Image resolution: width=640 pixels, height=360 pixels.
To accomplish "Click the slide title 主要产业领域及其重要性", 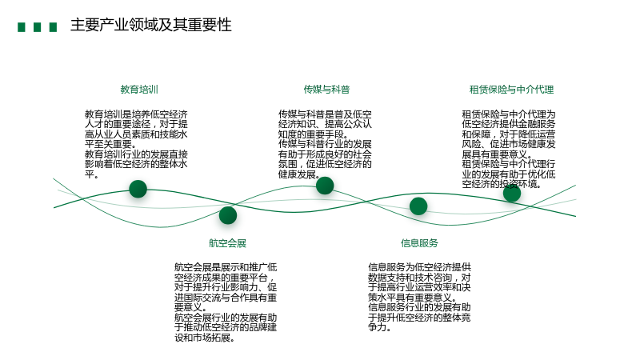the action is coord(151,25).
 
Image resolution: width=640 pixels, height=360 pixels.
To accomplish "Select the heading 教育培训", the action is coord(139,90).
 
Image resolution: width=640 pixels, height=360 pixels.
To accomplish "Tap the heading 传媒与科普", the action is coord(326,90).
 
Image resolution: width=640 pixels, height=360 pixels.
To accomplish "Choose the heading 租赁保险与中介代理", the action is coord(511,90).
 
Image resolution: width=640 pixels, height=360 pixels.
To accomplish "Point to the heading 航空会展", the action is coord(227,243).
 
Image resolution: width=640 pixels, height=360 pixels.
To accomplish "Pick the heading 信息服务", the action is coord(419,243).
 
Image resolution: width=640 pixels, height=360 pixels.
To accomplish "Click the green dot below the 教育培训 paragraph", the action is coord(138,189).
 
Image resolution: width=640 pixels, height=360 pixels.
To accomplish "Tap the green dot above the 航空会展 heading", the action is coord(228,215).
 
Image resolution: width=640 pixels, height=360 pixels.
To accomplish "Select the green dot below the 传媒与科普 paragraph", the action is coord(325,186).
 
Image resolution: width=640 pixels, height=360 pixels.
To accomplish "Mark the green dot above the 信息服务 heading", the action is coord(418,206).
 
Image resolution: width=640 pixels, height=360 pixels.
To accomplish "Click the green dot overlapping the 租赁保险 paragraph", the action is coord(512,193).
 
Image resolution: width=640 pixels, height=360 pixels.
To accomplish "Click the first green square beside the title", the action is coord(22,27).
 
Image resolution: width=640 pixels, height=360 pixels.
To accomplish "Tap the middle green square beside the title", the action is coord(37,27).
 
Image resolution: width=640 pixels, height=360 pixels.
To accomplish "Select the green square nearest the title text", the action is coord(53,27).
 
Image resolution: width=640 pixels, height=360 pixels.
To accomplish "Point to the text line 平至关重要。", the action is coord(110,144).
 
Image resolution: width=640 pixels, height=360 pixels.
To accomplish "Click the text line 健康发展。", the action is coord(298,174).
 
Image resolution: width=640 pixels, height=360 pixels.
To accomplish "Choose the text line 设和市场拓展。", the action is coord(205,338).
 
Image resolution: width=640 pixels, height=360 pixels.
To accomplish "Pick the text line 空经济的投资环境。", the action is coord(502,184).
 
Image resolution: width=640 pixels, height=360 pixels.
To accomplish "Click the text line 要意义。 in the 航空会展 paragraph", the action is coord(191,307).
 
